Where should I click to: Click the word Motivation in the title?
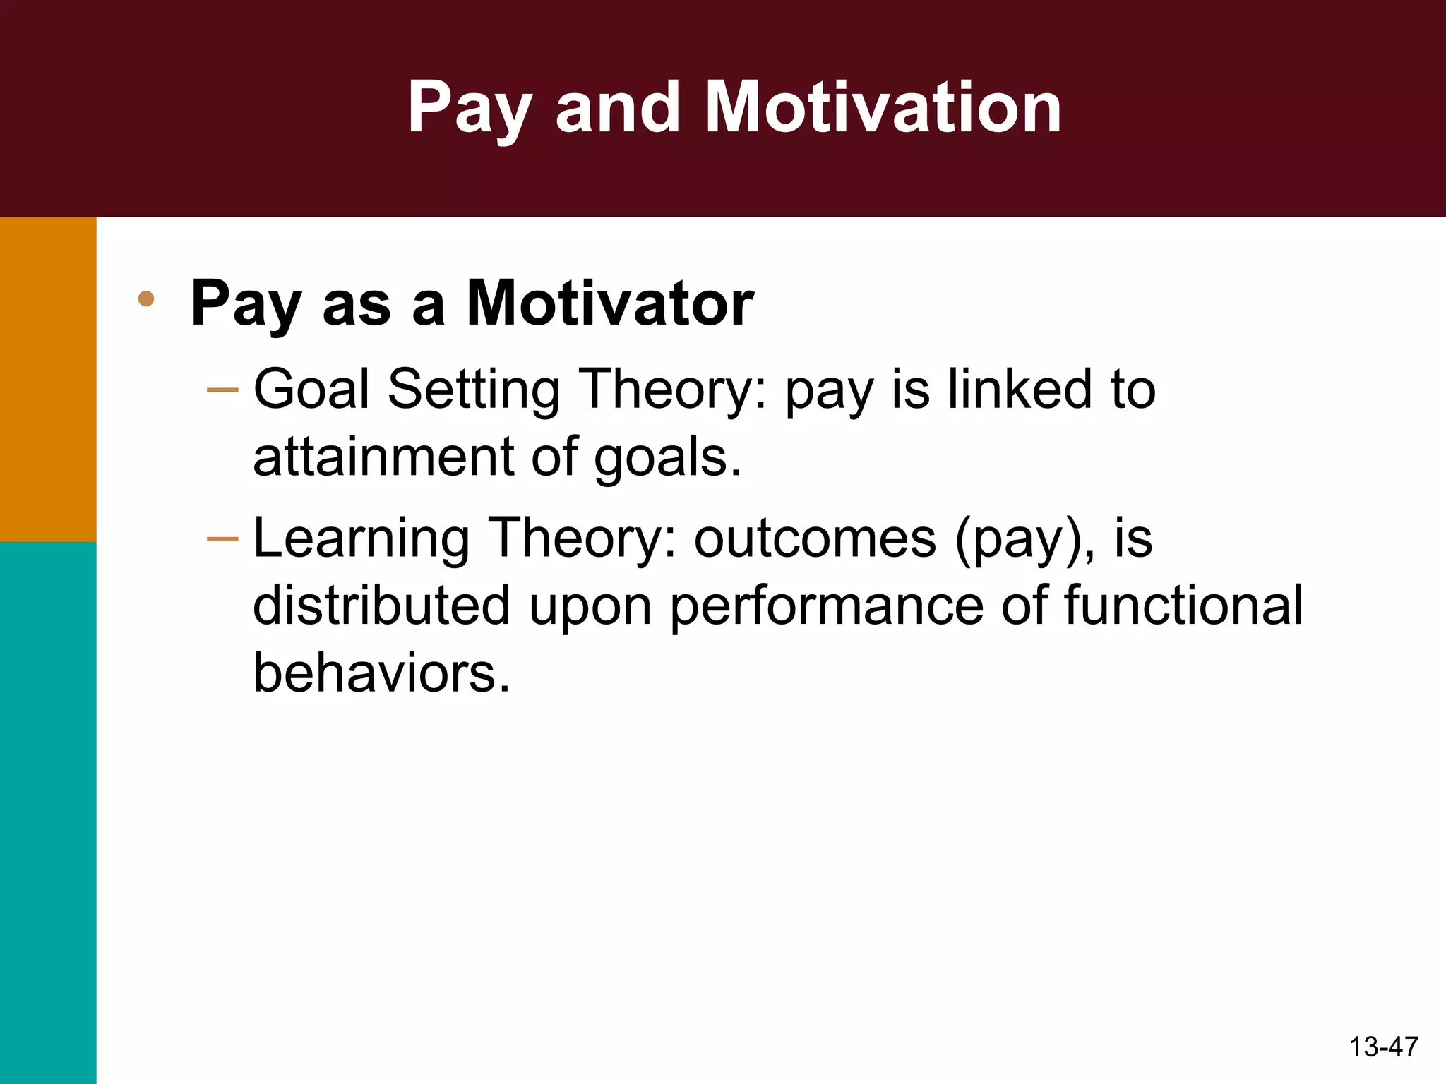(883, 107)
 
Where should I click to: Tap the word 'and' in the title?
(618, 107)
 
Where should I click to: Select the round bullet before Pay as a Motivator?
(146, 299)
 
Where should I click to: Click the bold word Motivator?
(610, 303)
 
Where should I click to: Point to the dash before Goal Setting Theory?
(223, 390)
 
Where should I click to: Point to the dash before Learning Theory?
(223, 539)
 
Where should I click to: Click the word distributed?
(382, 606)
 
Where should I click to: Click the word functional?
(1183, 606)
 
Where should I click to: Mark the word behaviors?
(381, 672)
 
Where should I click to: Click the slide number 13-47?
(1383, 1047)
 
